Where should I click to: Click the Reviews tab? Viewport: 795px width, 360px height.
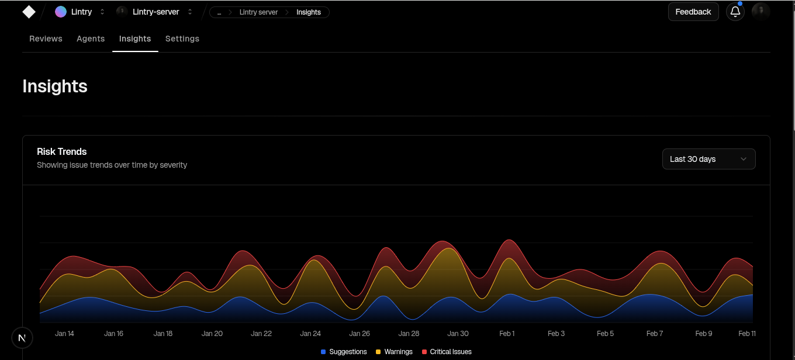46,39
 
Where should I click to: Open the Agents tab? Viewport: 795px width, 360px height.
91,39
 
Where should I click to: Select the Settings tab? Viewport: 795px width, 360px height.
182,39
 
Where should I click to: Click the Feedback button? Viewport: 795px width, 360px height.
693,12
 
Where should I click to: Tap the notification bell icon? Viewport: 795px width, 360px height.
735,12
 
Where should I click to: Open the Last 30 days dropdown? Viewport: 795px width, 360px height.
708,159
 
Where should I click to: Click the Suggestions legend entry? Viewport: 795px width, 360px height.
344,352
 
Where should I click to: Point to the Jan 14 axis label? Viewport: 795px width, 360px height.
64,334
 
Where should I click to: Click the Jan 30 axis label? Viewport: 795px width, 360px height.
458,334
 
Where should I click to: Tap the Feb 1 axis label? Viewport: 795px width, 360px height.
507,334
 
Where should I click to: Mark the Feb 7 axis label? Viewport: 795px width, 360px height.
655,334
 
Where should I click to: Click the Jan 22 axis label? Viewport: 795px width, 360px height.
261,334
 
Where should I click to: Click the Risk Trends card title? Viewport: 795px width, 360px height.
61,151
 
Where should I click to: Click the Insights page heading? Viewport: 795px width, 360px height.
55,86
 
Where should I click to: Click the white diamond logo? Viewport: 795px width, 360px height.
29,12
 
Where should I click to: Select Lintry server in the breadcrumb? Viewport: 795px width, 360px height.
258,12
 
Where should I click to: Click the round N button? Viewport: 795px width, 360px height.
22,338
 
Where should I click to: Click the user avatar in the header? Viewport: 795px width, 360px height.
761,12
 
